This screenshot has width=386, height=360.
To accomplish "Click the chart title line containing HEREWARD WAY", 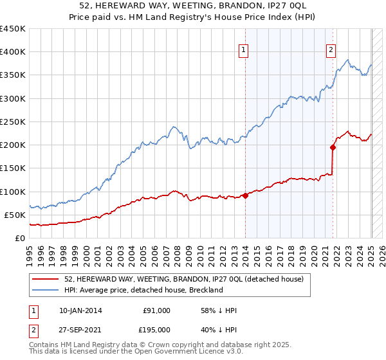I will [193, 6].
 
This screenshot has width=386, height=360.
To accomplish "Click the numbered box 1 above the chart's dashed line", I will [244, 51].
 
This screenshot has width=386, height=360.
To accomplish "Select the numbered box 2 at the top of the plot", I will [331, 51].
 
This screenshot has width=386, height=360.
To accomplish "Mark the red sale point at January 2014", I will [245, 195].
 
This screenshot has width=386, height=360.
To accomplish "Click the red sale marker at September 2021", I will [333, 147].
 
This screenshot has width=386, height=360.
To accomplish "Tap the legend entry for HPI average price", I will [143, 290].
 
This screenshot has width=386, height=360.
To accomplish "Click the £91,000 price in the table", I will [156, 310].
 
